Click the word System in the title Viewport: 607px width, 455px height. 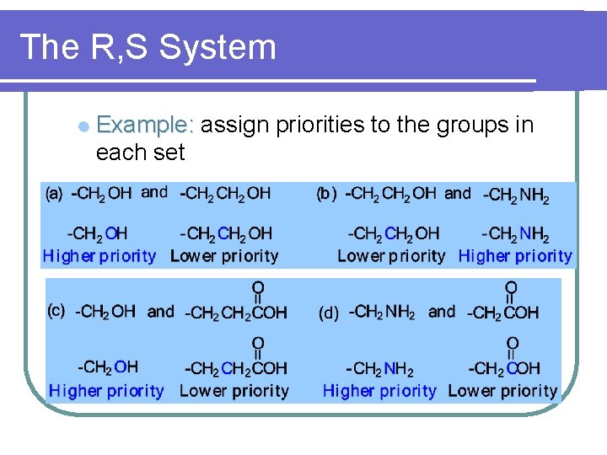[x=217, y=47]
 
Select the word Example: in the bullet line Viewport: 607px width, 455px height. [x=146, y=126]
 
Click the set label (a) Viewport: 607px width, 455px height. [x=53, y=194]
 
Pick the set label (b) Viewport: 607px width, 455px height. [x=327, y=194]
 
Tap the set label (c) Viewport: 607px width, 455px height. [x=56, y=312]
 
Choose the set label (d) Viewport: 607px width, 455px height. [x=329, y=313]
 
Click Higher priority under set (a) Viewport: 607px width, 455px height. [x=99, y=255]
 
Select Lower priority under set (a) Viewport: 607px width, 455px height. [x=224, y=255]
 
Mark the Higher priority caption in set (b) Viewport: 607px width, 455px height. [x=515, y=255]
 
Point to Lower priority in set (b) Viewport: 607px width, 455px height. [x=391, y=255]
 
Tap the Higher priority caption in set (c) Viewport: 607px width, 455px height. [x=106, y=391]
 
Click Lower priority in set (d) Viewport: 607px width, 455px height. [x=502, y=391]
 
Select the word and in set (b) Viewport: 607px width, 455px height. [x=458, y=193]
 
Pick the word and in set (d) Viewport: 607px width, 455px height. [x=442, y=312]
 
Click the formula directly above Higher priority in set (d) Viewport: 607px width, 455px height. [x=379, y=369]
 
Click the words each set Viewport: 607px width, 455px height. [x=140, y=153]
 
